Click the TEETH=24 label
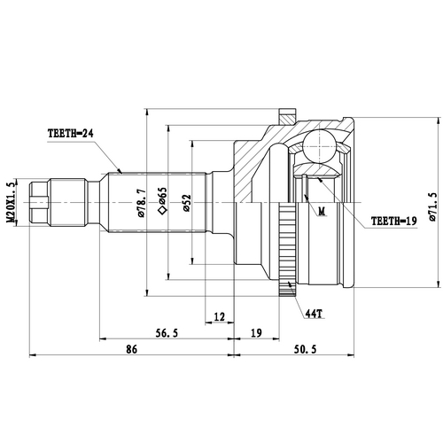click(x=71, y=134)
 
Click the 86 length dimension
click(x=131, y=351)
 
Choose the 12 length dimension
click(x=220, y=316)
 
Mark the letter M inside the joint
click(x=321, y=211)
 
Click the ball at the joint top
click(x=320, y=146)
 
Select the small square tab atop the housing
click(x=285, y=115)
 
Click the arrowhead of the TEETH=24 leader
click(x=120, y=170)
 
